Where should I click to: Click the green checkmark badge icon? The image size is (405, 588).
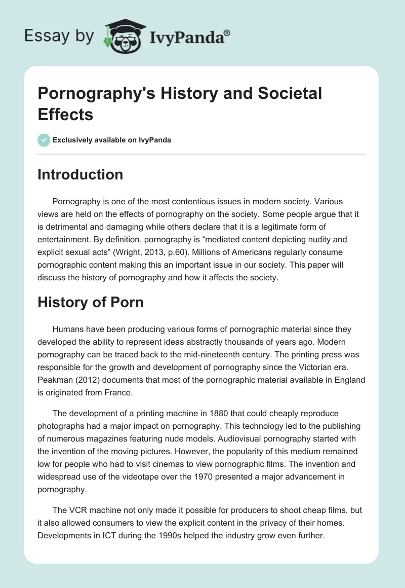(x=44, y=140)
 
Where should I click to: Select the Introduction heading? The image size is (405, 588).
(x=80, y=174)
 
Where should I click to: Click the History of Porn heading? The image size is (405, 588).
(x=91, y=303)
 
